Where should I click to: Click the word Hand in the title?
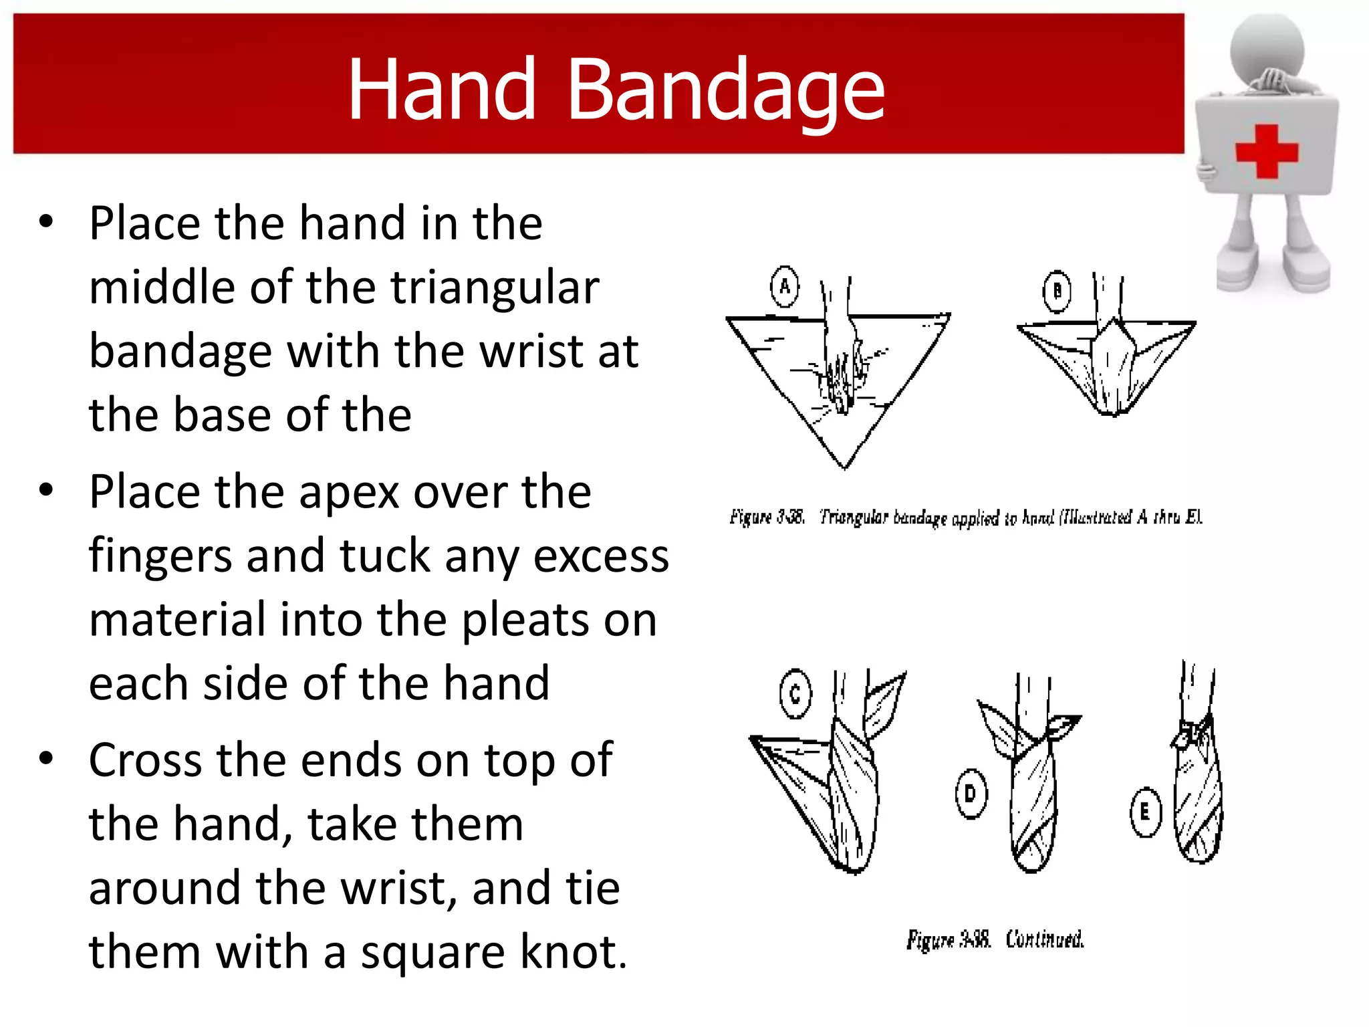442,90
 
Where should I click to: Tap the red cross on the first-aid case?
1266,152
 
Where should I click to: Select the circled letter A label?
785,287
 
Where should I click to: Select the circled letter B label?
1057,292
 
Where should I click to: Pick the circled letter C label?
795,694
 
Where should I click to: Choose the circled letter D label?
971,794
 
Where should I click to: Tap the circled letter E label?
1145,812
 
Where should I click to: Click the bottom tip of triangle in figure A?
844,466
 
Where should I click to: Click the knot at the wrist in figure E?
1189,734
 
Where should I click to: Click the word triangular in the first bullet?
495,288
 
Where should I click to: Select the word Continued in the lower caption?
1044,939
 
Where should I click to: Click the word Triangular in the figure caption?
854,517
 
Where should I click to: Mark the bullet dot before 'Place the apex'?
45,490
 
